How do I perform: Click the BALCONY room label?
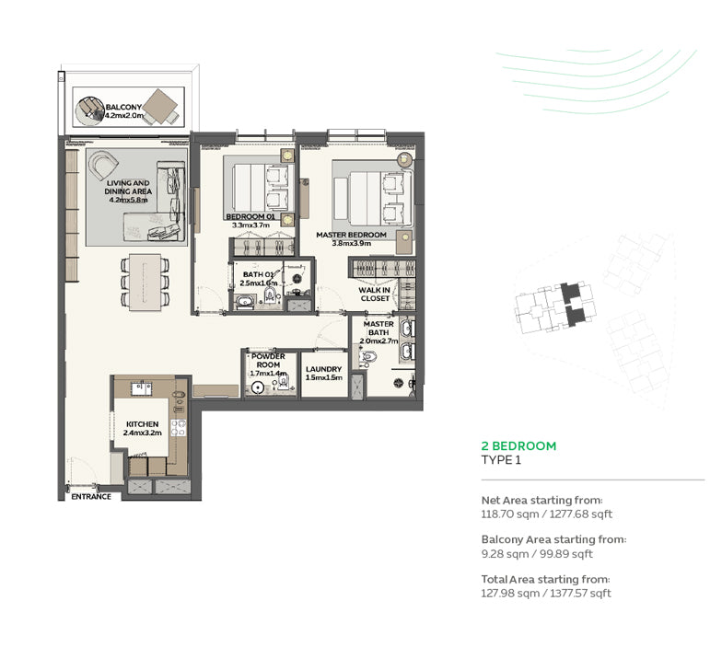coord(123,107)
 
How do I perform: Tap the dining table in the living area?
coord(146,282)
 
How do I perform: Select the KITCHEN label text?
coord(142,423)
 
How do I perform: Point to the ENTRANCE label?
coord(91,497)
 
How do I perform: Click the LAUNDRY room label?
coord(324,369)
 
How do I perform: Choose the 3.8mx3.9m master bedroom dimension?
coord(352,243)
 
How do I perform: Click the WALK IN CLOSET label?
coord(374,295)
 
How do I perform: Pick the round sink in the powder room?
coord(258,387)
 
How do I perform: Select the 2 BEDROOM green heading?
coord(518,445)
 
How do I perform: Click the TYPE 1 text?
coord(501,460)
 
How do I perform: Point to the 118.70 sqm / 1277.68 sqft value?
coord(547,514)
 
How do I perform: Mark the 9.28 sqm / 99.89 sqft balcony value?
coord(537,554)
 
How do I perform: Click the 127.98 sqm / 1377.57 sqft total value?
coord(546,593)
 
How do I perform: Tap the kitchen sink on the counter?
coord(142,388)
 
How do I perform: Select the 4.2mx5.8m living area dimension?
coord(128,201)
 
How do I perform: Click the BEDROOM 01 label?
coord(250,217)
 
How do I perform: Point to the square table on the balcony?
coord(160,107)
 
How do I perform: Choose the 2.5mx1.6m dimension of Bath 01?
coord(258,283)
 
